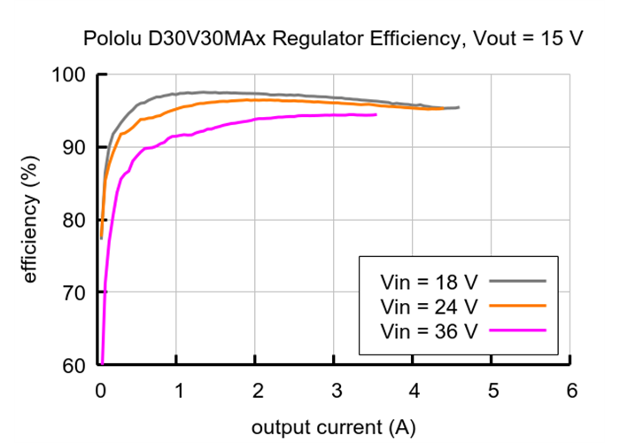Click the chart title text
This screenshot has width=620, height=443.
pos(326,39)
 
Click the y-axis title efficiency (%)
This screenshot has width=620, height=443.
pos(30,220)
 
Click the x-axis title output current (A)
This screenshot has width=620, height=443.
pos(333,427)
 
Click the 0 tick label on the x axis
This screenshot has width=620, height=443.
pos(99,390)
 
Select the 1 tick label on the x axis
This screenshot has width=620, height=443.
pos(177,390)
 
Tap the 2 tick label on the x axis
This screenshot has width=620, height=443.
pos(256,390)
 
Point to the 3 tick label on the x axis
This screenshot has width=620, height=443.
pos(335,390)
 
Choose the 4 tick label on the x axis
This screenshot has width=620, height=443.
pos(414,390)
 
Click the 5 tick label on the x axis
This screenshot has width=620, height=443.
pos(492,390)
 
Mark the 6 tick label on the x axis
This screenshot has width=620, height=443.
pos(571,390)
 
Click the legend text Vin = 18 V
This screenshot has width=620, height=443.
pos(429,282)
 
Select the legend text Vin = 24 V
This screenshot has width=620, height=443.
pos(429,307)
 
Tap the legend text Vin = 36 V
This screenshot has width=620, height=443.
pos(429,331)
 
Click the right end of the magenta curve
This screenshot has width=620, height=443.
pos(376,114)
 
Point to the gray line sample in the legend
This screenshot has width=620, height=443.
pos(517,280)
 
